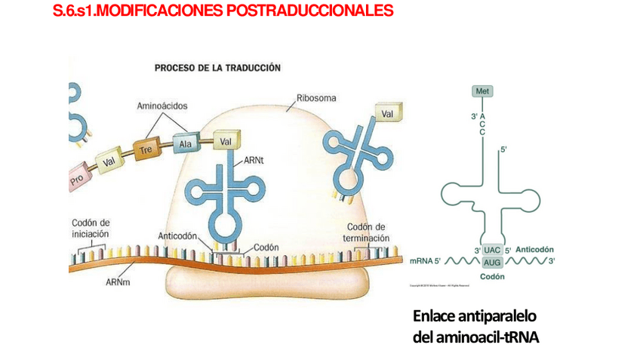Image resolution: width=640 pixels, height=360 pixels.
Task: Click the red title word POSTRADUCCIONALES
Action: click(309, 11)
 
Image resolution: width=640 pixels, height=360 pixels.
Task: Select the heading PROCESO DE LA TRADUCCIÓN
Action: click(217, 68)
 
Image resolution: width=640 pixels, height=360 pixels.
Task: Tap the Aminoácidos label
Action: click(162, 106)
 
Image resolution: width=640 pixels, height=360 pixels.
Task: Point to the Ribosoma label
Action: click(316, 98)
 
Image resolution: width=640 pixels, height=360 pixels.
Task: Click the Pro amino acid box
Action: click(77, 180)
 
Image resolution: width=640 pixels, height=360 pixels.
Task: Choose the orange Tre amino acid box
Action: click(146, 149)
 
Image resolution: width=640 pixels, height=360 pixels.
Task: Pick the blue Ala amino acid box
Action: click(184, 143)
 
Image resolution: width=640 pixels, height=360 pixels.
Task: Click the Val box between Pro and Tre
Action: click(109, 161)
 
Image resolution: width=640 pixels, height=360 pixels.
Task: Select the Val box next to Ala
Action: click(226, 141)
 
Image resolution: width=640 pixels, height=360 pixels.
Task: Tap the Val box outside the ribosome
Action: click(388, 114)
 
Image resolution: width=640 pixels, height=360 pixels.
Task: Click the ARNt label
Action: click(254, 161)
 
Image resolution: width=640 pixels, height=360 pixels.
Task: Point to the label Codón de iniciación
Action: click(91, 228)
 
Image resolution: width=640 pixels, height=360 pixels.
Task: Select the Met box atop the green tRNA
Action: click(482, 91)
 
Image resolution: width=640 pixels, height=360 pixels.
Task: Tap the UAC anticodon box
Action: click(492, 250)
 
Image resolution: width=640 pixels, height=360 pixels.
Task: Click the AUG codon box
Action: click(492, 262)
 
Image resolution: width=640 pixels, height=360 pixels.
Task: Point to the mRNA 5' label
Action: click(425, 261)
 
